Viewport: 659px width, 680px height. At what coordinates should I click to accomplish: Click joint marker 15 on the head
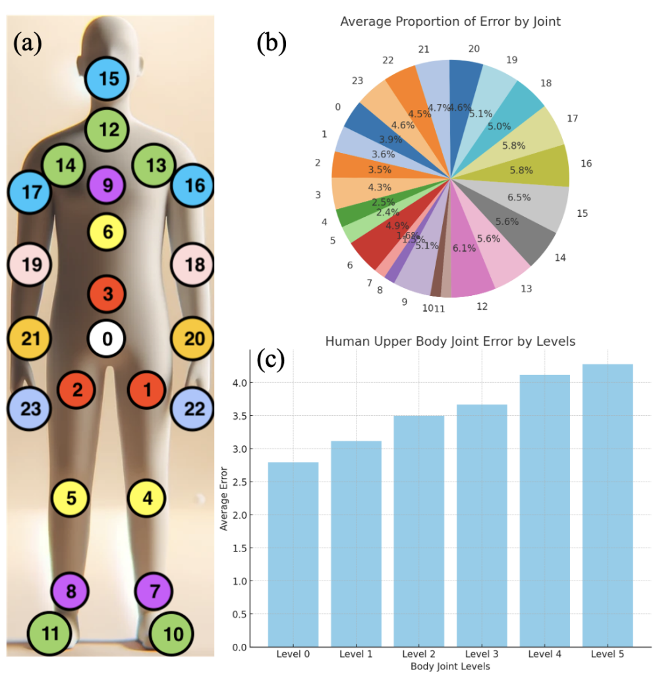[x=109, y=79]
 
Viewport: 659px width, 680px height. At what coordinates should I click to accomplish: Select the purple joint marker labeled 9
[x=107, y=185]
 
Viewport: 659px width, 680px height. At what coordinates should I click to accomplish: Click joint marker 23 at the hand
[x=31, y=409]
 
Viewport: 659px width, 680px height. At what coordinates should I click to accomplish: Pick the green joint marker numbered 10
[x=173, y=634]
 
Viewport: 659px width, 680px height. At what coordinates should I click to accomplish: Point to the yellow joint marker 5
[x=72, y=497]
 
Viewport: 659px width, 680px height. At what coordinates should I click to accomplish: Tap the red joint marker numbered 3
[x=108, y=293]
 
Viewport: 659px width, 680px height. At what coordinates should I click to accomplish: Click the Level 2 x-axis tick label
[x=418, y=654]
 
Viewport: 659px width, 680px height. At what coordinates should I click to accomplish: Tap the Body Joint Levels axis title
[x=450, y=667]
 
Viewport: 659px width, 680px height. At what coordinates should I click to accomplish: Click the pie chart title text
[x=450, y=21]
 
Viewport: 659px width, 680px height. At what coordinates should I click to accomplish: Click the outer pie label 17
[x=573, y=119]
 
